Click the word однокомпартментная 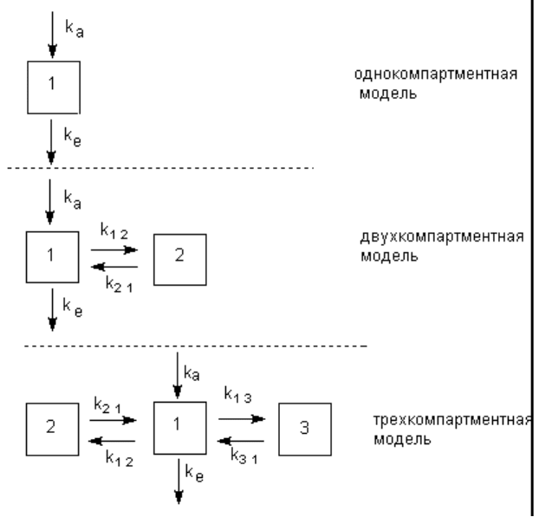[436, 74]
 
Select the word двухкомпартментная [442, 236]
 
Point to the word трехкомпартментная [452, 420]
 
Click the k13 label [238, 394]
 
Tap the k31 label [244, 456]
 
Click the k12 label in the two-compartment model [114, 230]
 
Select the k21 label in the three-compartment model [107, 405]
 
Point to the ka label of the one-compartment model [75, 29]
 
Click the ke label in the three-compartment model [194, 473]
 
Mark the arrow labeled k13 [242, 419]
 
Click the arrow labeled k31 [241, 441]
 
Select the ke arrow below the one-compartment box [51, 142]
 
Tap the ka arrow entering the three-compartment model [178, 375]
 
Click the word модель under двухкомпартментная [389, 256]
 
